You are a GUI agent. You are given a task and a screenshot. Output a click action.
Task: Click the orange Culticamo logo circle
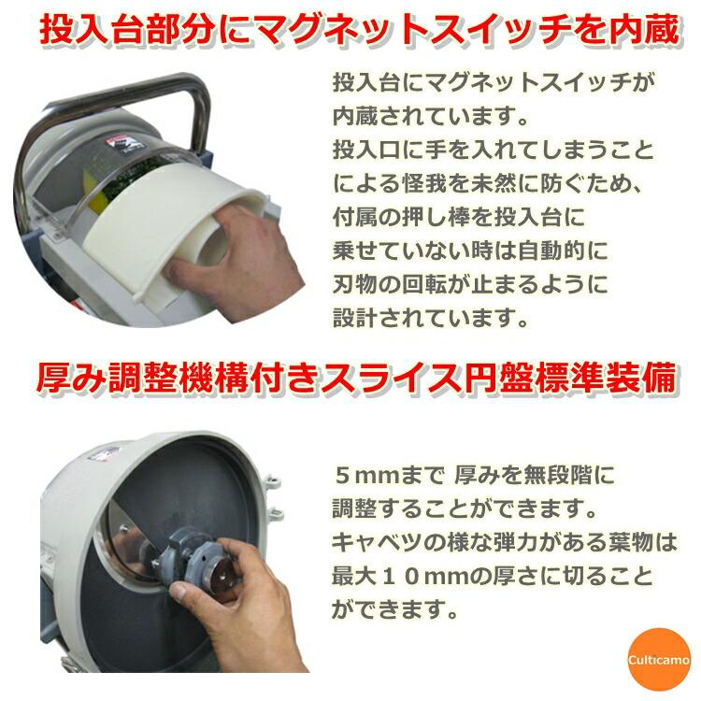659,660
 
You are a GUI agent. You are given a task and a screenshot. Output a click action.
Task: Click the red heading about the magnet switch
360,30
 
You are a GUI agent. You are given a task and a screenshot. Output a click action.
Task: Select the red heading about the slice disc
356,379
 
